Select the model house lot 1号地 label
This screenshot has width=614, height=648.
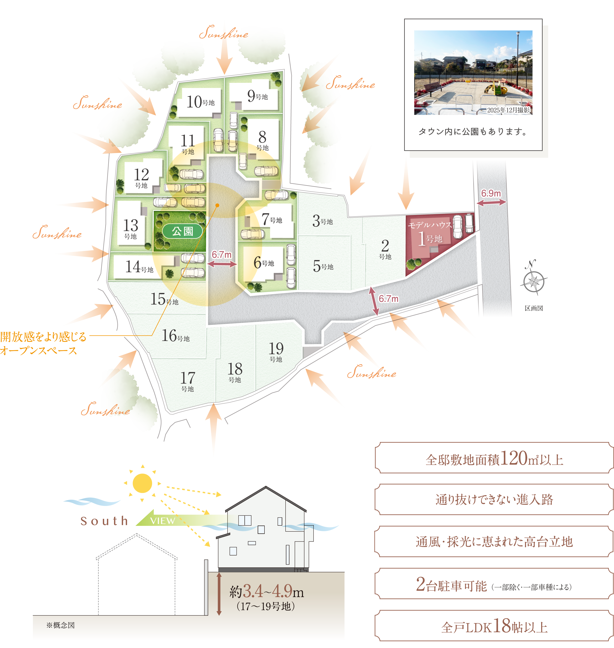(430, 238)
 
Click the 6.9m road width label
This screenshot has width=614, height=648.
(491, 194)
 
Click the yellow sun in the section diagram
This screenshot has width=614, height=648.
(142, 483)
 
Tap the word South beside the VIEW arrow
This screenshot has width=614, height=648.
(104, 521)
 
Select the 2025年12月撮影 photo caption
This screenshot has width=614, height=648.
(508, 110)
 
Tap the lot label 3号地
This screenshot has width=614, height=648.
(322, 221)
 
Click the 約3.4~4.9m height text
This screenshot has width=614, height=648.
(267, 591)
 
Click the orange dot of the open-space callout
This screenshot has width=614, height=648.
(217, 205)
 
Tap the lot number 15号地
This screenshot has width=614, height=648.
(164, 299)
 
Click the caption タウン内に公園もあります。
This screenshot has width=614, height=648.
(473, 132)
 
